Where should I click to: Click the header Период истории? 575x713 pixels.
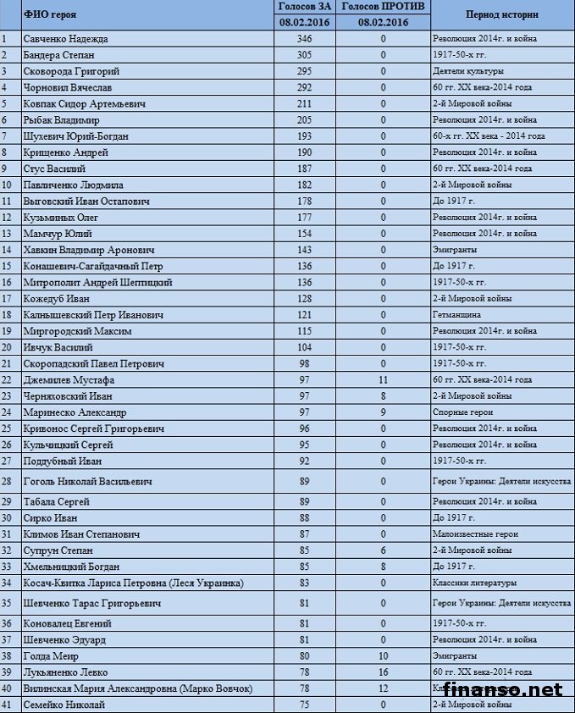coord(501,15)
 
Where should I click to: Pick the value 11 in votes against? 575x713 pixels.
coord(383,380)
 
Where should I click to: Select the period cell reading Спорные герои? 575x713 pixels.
coord(463,412)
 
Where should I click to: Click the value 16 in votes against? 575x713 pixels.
coord(383,672)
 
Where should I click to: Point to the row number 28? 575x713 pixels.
coord(8,481)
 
